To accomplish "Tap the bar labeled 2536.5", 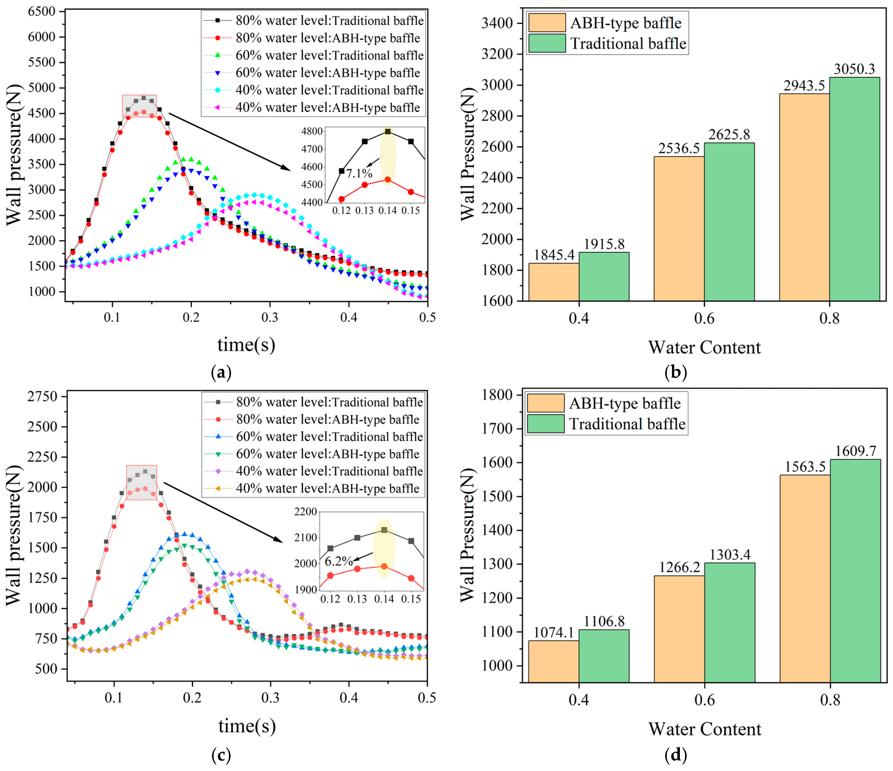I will pos(679,229).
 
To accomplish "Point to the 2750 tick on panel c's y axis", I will pos(43,397).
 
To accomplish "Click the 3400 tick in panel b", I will pos(497,23).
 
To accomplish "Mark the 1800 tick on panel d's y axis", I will pos(497,395).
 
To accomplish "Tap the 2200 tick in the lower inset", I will pos(306,512).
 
